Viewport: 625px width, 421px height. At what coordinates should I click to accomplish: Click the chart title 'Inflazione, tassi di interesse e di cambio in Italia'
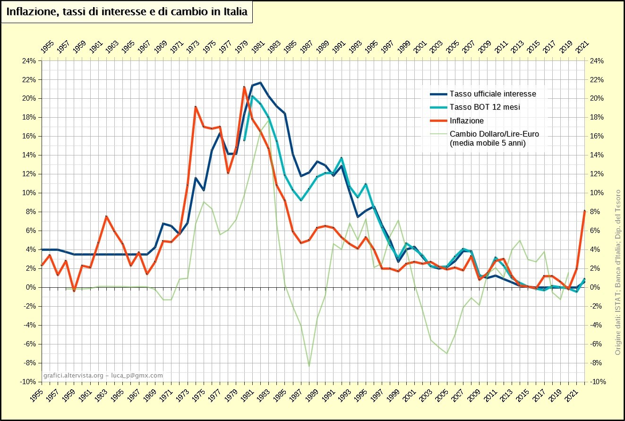pos(127,12)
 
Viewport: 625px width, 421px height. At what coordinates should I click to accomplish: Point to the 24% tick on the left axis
pos(29,61)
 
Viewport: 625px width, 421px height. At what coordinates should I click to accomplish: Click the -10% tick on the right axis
pos(597,382)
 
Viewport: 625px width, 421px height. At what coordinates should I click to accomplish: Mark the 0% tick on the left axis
pos(31,287)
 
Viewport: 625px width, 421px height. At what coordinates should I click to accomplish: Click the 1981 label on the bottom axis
pos(247,395)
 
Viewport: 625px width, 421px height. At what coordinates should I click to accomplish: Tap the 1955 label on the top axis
pos(47,47)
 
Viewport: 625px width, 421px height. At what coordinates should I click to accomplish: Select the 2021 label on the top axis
pos(582,47)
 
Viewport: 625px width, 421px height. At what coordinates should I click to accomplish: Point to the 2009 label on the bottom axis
pos(474,395)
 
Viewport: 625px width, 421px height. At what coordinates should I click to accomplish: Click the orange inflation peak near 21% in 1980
pos(244,87)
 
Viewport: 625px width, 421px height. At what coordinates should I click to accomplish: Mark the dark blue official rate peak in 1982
pos(260,83)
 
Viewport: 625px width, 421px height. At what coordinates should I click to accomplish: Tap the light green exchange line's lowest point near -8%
pos(309,366)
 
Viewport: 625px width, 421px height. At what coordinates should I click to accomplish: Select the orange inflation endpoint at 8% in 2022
pos(584,211)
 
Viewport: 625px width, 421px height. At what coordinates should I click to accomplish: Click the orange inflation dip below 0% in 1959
pos(74,291)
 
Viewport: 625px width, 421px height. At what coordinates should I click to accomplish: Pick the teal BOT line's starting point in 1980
pos(244,140)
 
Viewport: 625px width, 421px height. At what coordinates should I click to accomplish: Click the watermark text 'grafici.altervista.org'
pos(73,376)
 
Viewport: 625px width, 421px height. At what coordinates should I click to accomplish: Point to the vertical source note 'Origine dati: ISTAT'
pos(617,326)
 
